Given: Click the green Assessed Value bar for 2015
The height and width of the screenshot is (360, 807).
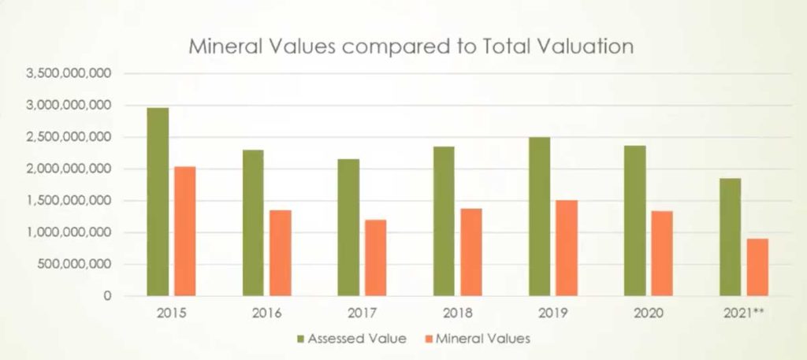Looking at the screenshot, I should tap(158, 202).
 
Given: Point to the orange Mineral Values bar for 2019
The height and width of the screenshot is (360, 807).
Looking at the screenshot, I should tap(567, 247).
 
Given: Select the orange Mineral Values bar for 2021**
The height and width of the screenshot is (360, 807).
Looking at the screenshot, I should tap(757, 267).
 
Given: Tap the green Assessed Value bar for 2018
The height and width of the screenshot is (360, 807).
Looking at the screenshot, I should tap(444, 221).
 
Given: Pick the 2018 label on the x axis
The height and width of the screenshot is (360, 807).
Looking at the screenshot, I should tap(457, 314).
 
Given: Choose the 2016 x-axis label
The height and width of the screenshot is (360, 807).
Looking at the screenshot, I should tap(266, 314).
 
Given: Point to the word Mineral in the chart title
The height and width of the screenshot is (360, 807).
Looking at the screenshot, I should tap(223, 46).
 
